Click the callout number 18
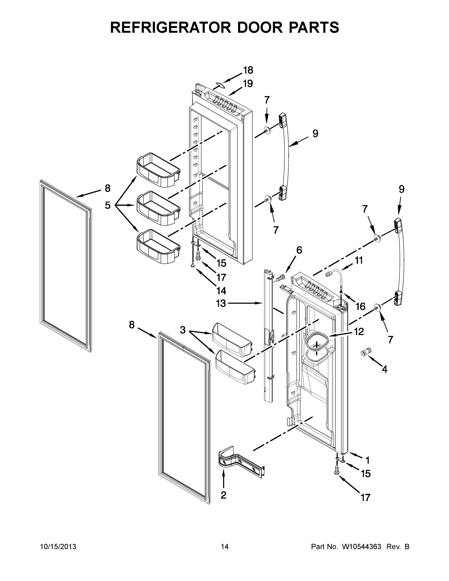[x=248, y=70]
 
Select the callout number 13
[x=221, y=303]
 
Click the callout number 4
[x=384, y=369]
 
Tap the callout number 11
[x=359, y=260]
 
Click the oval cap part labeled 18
[x=219, y=85]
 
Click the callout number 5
[x=108, y=205]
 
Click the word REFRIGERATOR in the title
[x=170, y=27]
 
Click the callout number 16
[x=360, y=307]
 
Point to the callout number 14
[x=221, y=291]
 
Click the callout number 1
[x=368, y=460]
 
